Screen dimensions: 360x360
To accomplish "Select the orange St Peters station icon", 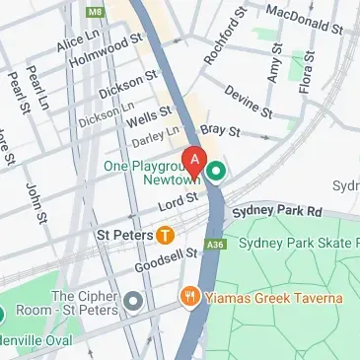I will tap(165, 236).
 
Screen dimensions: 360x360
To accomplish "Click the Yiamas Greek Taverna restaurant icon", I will tap(187, 297).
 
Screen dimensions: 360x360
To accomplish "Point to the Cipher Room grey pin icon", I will tap(133, 301).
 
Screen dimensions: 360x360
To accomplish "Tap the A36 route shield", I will tap(215, 245).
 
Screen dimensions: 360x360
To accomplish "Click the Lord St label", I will tap(180, 201).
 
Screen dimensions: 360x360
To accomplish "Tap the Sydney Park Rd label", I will tap(277, 211).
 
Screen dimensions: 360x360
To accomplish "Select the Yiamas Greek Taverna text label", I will tap(274, 298).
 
